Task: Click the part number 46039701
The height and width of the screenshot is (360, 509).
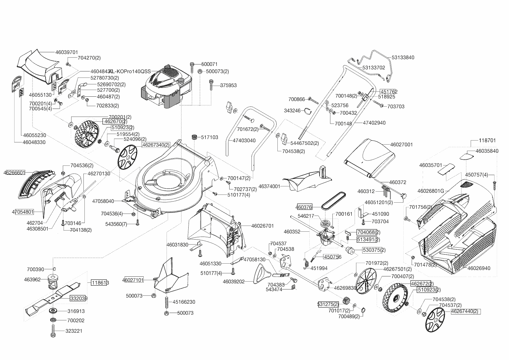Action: coord(66,53)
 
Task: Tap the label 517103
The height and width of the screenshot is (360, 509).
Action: coord(210,137)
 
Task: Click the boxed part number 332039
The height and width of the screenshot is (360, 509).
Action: coord(78,298)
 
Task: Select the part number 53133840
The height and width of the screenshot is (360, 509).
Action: coord(403,57)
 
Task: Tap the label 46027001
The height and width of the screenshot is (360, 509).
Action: coord(401,144)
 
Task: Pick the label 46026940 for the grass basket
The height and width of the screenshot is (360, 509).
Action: coord(479,268)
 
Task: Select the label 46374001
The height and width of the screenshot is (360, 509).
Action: coord(269,186)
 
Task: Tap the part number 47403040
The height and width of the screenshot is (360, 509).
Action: coord(244,141)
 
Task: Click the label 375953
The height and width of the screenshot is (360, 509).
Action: coord(228,85)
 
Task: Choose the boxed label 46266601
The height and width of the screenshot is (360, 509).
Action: coord(15,173)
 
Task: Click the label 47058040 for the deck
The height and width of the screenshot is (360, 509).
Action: coord(103,201)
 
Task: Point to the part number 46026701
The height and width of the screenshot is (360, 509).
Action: coord(262,226)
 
